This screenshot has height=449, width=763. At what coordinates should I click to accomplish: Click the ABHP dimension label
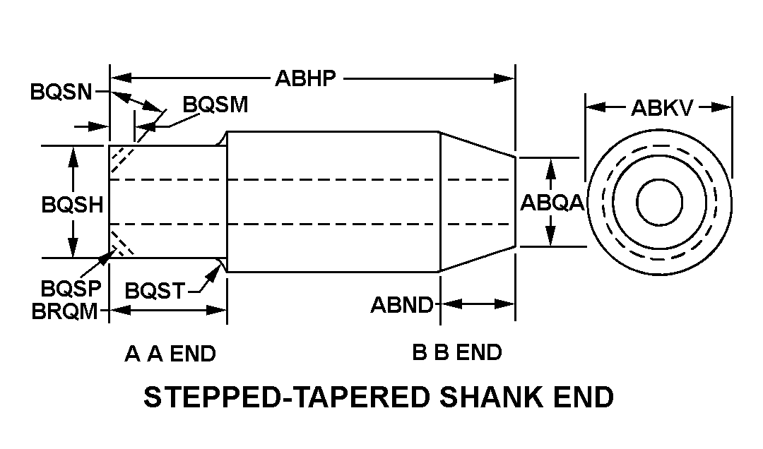pyautogui.click(x=305, y=78)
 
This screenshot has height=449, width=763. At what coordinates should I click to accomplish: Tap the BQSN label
pyautogui.click(x=61, y=92)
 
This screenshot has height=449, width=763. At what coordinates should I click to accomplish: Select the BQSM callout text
pyautogui.click(x=215, y=104)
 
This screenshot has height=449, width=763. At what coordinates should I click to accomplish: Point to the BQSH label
pyautogui.click(x=72, y=205)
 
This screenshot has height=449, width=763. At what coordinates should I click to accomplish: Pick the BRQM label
pyautogui.click(x=65, y=311)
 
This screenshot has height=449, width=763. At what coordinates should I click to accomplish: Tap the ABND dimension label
pyautogui.click(x=402, y=305)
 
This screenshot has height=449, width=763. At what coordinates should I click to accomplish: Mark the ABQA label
pyautogui.click(x=552, y=203)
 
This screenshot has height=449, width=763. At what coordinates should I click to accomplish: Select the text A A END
pyautogui.click(x=170, y=353)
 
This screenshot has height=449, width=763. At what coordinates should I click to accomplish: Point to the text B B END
pyautogui.click(x=457, y=352)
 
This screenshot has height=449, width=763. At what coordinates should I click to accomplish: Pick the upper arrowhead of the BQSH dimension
pyautogui.click(x=72, y=155)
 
